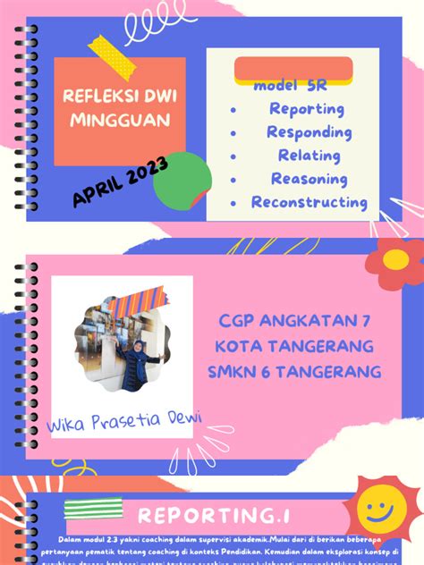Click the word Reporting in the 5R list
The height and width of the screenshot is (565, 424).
(307, 109)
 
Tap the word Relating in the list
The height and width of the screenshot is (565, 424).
(309, 156)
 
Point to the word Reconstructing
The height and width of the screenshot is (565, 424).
(309, 202)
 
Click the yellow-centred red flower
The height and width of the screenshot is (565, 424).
(395, 260)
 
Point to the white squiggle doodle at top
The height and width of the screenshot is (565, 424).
(149, 29)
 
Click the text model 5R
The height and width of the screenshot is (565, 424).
(290, 87)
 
